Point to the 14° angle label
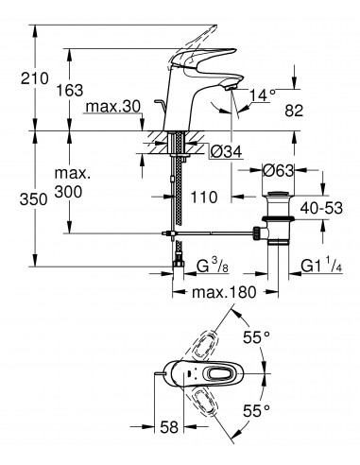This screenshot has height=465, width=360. click(x=266, y=94)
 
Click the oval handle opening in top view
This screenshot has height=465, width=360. click(x=221, y=374)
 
